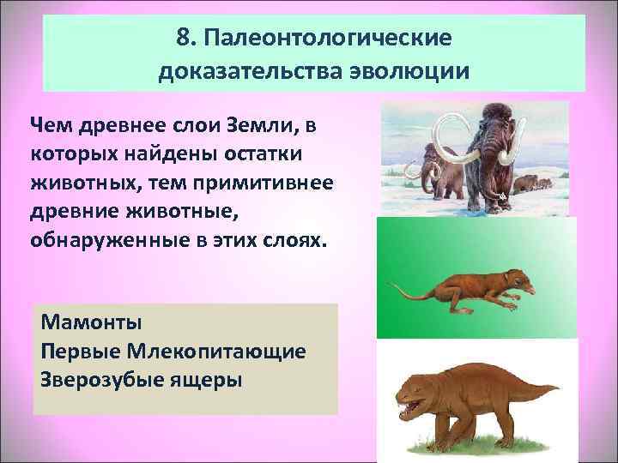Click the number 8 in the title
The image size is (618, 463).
click(181, 39)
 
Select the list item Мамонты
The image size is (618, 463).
click(90, 324)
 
